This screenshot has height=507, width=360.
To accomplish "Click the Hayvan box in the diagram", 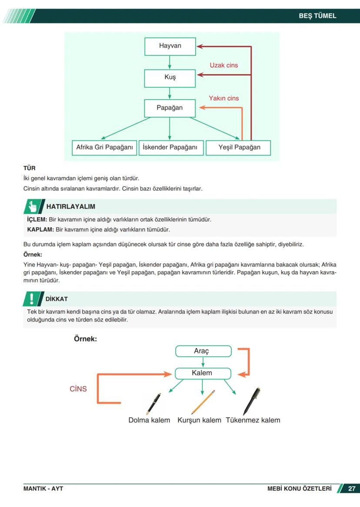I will [x=170, y=46].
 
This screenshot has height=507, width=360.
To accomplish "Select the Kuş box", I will [x=170, y=78].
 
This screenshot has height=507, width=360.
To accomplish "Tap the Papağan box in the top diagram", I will [x=170, y=108].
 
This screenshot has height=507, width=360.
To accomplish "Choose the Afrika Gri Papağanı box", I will [x=104, y=147].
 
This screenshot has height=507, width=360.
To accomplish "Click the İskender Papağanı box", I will [x=170, y=147].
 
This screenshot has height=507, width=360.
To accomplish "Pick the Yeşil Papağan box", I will [x=239, y=147].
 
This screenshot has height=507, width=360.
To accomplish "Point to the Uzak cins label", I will [x=224, y=65].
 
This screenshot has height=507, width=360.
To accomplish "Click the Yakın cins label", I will [x=224, y=98].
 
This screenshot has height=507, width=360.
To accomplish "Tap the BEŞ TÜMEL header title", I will [x=317, y=16].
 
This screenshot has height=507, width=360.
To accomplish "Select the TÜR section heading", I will [x=29, y=168].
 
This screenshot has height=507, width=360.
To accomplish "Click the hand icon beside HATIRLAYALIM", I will [x=32, y=206].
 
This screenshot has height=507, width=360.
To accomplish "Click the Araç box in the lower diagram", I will [x=203, y=351].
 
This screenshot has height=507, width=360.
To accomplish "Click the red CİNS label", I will [x=78, y=389].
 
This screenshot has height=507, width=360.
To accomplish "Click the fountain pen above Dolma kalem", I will [x=153, y=404].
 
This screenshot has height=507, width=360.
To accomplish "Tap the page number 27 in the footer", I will [x=352, y=489].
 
